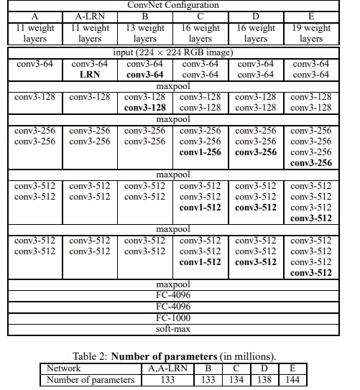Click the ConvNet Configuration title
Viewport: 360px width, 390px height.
175,5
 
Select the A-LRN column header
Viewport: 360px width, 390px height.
89,16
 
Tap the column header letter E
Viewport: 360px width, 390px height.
311,16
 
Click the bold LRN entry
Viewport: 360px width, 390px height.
89,75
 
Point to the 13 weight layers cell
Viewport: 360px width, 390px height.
145,34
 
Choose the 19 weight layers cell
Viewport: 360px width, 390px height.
311,34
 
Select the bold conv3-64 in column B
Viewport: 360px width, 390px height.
145,75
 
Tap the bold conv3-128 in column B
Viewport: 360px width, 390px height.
145,108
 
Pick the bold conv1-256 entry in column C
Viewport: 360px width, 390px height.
200,152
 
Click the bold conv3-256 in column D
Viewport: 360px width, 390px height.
256,152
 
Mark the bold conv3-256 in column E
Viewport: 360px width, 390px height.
311,163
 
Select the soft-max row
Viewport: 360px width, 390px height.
175,329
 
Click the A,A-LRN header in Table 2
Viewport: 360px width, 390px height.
168,367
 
